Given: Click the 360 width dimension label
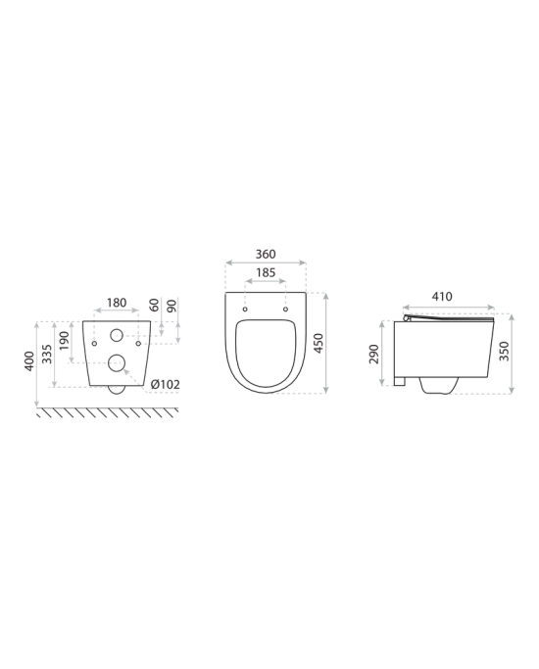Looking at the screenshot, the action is (x=266, y=254).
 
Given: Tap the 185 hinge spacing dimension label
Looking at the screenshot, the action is (x=266, y=272).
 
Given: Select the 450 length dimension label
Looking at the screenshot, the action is (x=318, y=343).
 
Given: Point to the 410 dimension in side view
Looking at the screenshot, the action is (x=442, y=296).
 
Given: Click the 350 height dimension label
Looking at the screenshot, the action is (x=504, y=351).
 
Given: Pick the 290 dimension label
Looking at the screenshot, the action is (x=373, y=354).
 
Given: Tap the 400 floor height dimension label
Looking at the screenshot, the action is (x=28, y=361).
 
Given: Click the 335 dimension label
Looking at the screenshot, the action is (x=47, y=354).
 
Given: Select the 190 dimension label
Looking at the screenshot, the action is (x=64, y=341).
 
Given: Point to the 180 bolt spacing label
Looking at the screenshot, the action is (x=117, y=303).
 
